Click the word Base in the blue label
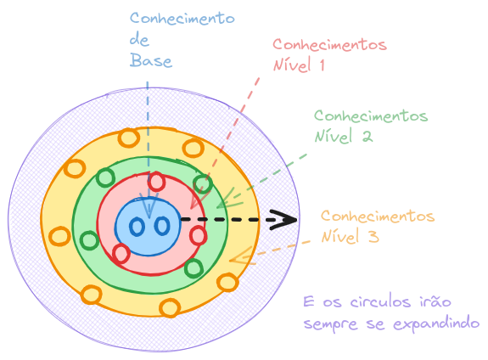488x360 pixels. [152, 60]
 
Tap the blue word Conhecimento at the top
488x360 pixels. [182, 18]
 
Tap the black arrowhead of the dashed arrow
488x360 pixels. [285, 220]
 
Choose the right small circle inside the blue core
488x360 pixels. [161, 226]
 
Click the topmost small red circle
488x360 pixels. [156, 181]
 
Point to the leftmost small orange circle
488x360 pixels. [59, 237]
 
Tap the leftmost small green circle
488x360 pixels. [88, 240]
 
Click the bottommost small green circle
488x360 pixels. [193, 269]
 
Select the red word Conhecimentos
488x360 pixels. [329, 44]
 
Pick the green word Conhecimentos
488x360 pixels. [371, 115]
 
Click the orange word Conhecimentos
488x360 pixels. [378, 217]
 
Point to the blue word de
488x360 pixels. [140, 39]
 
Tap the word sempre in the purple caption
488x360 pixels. [327, 323]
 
